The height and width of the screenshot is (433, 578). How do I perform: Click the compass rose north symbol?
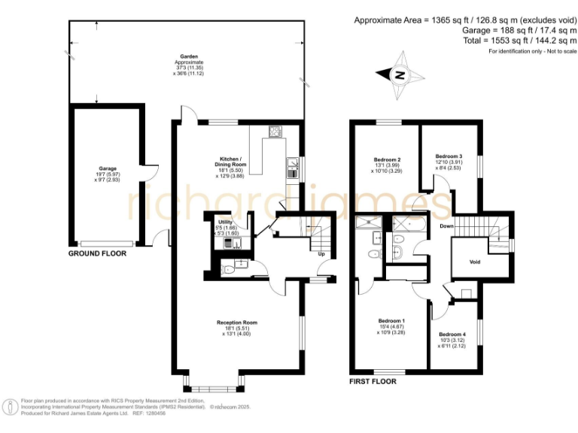tap(400, 74)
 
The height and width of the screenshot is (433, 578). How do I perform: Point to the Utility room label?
tap(227, 223)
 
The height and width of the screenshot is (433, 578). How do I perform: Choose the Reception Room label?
tap(237, 322)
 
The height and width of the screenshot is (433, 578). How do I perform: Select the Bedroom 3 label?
tap(449, 156)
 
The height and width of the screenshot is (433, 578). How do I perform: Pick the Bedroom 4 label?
tap(452, 334)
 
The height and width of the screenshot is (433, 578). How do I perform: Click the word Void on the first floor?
tap(474, 262)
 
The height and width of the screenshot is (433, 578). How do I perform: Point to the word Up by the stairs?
tap(321, 253)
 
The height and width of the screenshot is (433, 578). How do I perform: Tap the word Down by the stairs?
tap(447, 226)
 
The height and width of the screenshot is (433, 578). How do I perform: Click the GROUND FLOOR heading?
tap(97, 254)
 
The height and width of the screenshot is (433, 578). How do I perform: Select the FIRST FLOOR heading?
tap(373, 382)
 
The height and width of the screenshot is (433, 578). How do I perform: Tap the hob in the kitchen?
tap(275, 133)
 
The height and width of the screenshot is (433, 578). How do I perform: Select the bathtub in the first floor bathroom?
tap(407, 223)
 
